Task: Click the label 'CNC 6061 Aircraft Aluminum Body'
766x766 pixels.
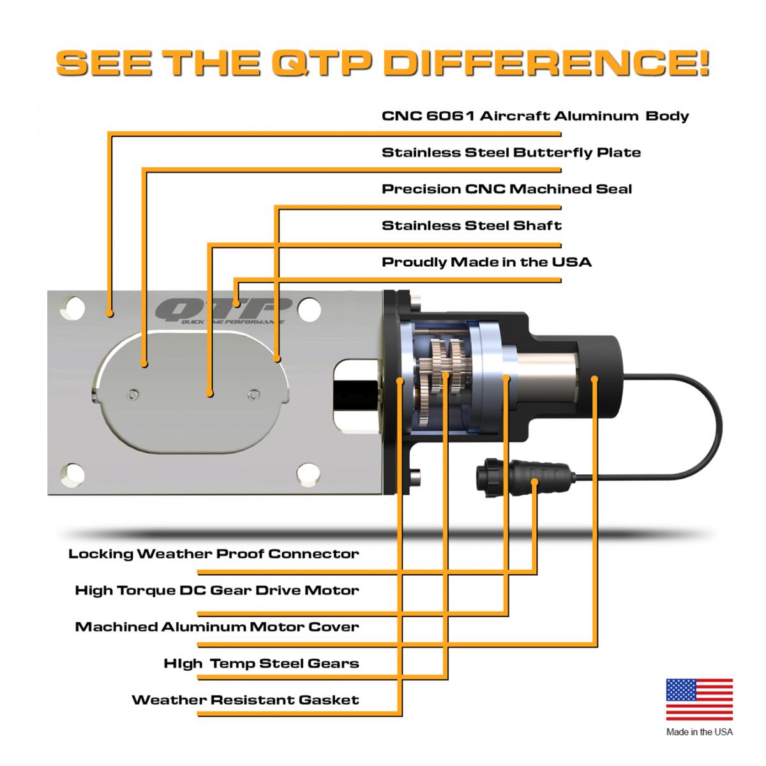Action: [x=535, y=116]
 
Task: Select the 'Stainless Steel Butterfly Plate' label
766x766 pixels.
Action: [x=511, y=153]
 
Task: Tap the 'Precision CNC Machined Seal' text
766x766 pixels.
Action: [x=507, y=189]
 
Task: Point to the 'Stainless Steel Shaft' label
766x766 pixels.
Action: [x=471, y=225]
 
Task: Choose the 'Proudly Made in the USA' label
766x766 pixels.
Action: [x=486, y=262]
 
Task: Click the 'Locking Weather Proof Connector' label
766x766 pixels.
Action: [x=213, y=553]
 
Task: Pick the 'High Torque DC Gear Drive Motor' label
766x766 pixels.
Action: [x=217, y=590]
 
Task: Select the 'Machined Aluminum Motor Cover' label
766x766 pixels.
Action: [x=217, y=626]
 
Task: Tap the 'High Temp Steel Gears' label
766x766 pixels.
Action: [x=261, y=663]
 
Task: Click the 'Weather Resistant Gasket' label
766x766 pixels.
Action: [x=245, y=700]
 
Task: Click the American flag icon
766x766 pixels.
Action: [x=699, y=700]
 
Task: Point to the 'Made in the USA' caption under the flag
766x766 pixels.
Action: [x=699, y=732]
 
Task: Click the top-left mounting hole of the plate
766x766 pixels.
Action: [x=73, y=308]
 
